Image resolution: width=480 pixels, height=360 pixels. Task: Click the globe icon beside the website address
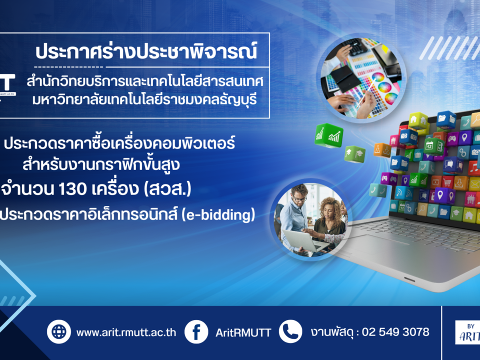59,332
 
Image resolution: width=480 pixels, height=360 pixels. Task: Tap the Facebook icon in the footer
196,332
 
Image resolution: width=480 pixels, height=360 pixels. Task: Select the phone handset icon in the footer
290,331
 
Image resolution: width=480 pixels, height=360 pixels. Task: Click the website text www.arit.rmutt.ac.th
126,333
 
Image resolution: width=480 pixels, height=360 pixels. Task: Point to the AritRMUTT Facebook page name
243,333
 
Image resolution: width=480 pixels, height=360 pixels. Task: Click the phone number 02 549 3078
395,332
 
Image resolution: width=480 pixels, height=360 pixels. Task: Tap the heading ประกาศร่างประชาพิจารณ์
146,51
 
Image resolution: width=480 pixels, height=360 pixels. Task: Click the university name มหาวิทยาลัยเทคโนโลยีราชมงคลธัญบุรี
144,100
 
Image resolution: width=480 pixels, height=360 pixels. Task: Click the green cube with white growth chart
329,135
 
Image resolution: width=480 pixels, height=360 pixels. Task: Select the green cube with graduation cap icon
355,154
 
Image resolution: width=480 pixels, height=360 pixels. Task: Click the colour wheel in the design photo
378,77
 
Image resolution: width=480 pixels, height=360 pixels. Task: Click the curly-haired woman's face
327,211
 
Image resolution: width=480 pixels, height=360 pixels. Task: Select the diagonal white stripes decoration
449,48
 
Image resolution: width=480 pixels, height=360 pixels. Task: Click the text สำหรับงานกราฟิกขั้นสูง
101,164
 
